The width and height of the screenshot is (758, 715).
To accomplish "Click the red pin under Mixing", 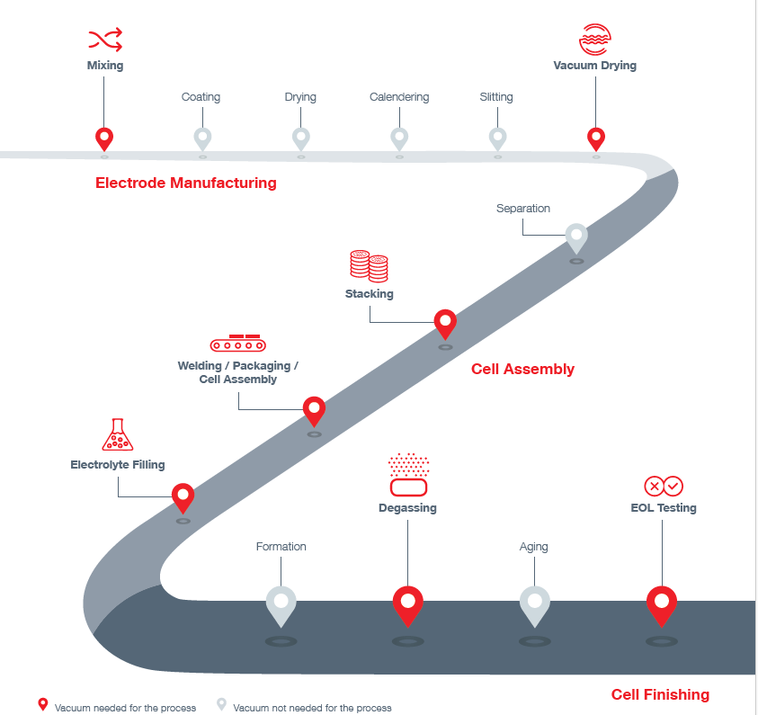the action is (x=104, y=139).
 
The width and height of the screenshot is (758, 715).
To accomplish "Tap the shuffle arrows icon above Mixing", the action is (x=105, y=40).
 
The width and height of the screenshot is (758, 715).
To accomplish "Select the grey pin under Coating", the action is (x=202, y=139).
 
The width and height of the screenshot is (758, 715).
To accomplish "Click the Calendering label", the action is (x=399, y=97).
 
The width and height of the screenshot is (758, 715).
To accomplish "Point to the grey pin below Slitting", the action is (x=497, y=139).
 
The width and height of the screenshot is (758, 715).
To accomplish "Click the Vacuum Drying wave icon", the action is (x=595, y=40).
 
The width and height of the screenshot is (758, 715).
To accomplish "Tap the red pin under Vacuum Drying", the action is (x=596, y=139).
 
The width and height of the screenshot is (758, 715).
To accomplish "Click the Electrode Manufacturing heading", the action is (x=186, y=183).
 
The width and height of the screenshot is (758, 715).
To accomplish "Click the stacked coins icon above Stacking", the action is (x=369, y=266).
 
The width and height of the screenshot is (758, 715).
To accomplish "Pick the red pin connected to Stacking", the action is (x=445, y=325).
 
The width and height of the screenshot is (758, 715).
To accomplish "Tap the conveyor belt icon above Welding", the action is (x=238, y=343).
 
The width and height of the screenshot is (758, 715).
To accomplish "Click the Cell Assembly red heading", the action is (x=522, y=369).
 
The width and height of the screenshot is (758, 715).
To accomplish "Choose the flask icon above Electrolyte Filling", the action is (x=118, y=434).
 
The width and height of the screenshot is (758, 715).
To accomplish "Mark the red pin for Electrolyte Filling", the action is (x=183, y=498).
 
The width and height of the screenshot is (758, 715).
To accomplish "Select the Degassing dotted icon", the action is (x=408, y=475).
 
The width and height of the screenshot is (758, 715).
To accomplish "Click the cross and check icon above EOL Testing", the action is (x=664, y=486).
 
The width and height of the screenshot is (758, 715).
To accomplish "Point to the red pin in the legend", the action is (x=43, y=704).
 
